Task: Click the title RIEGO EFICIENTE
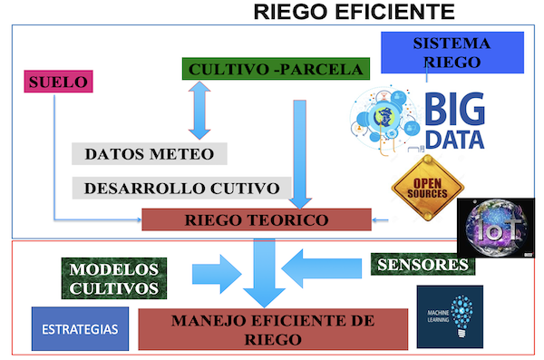(354, 12)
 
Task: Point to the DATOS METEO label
(150, 153)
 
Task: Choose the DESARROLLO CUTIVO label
(181, 189)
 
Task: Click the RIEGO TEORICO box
(257, 219)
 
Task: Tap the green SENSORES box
(423, 265)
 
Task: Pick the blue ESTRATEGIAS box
(80, 327)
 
